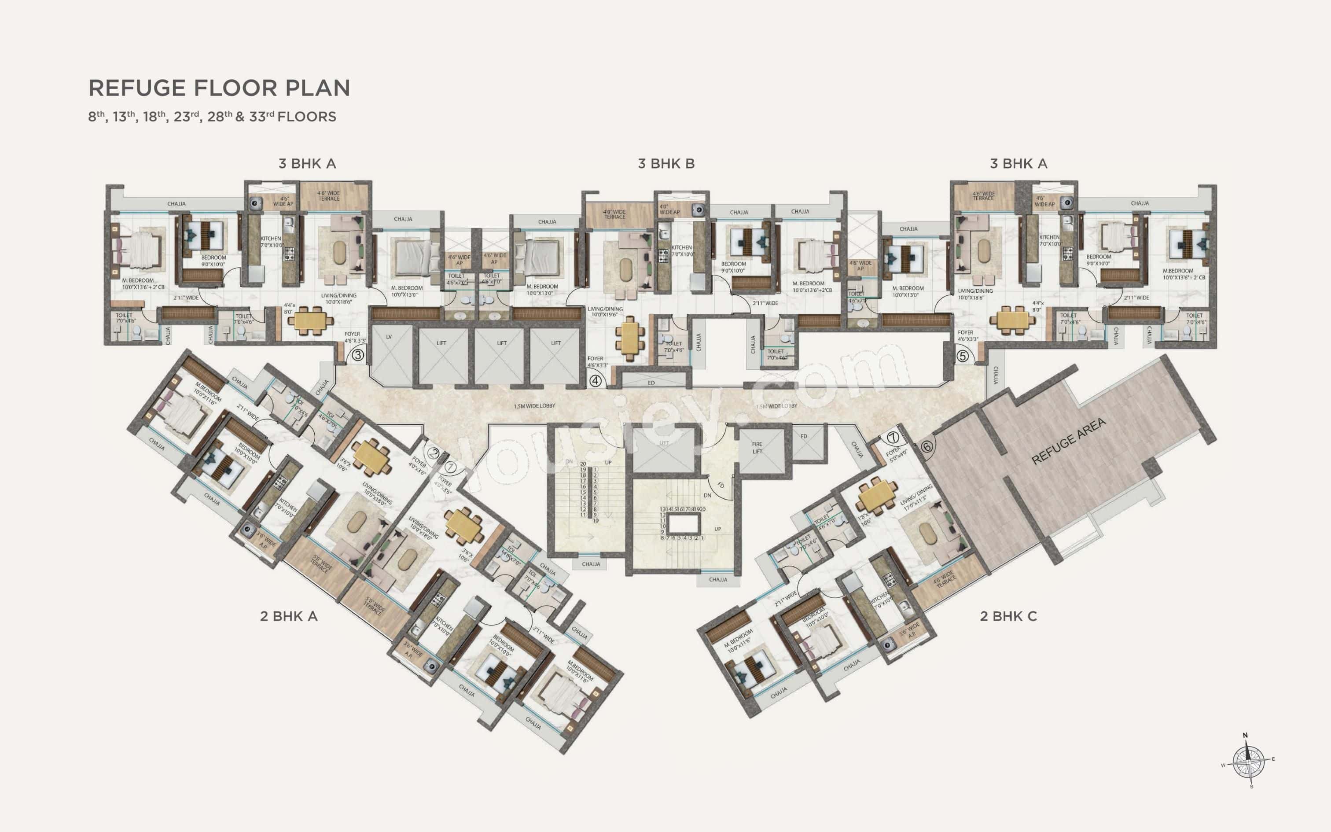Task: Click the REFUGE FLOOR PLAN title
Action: tap(219, 88)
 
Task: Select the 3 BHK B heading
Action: tap(666, 163)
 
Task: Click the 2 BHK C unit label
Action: tap(1008, 616)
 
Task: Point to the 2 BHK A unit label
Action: tap(289, 616)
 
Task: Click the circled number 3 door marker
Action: tap(357, 355)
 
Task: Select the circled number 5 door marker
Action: tap(962, 356)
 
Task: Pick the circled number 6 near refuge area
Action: tap(927, 446)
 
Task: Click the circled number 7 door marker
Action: tap(892, 438)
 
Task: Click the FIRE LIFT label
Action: tap(757, 447)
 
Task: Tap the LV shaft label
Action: tap(389, 337)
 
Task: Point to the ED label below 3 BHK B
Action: tap(651, 383)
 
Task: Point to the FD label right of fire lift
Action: tap(804, 436)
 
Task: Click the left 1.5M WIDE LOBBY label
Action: tap(534, 406)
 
